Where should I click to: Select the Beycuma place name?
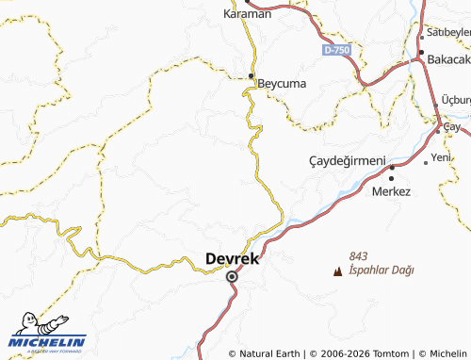282,83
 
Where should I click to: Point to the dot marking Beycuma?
252,76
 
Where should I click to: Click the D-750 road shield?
335,49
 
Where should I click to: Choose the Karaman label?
247,14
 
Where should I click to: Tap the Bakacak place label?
448,58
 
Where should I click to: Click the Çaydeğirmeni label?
347,161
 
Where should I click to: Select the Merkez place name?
392,191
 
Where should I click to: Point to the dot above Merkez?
391,176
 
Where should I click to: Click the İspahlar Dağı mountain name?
382,270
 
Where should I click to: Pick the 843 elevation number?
357,256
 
